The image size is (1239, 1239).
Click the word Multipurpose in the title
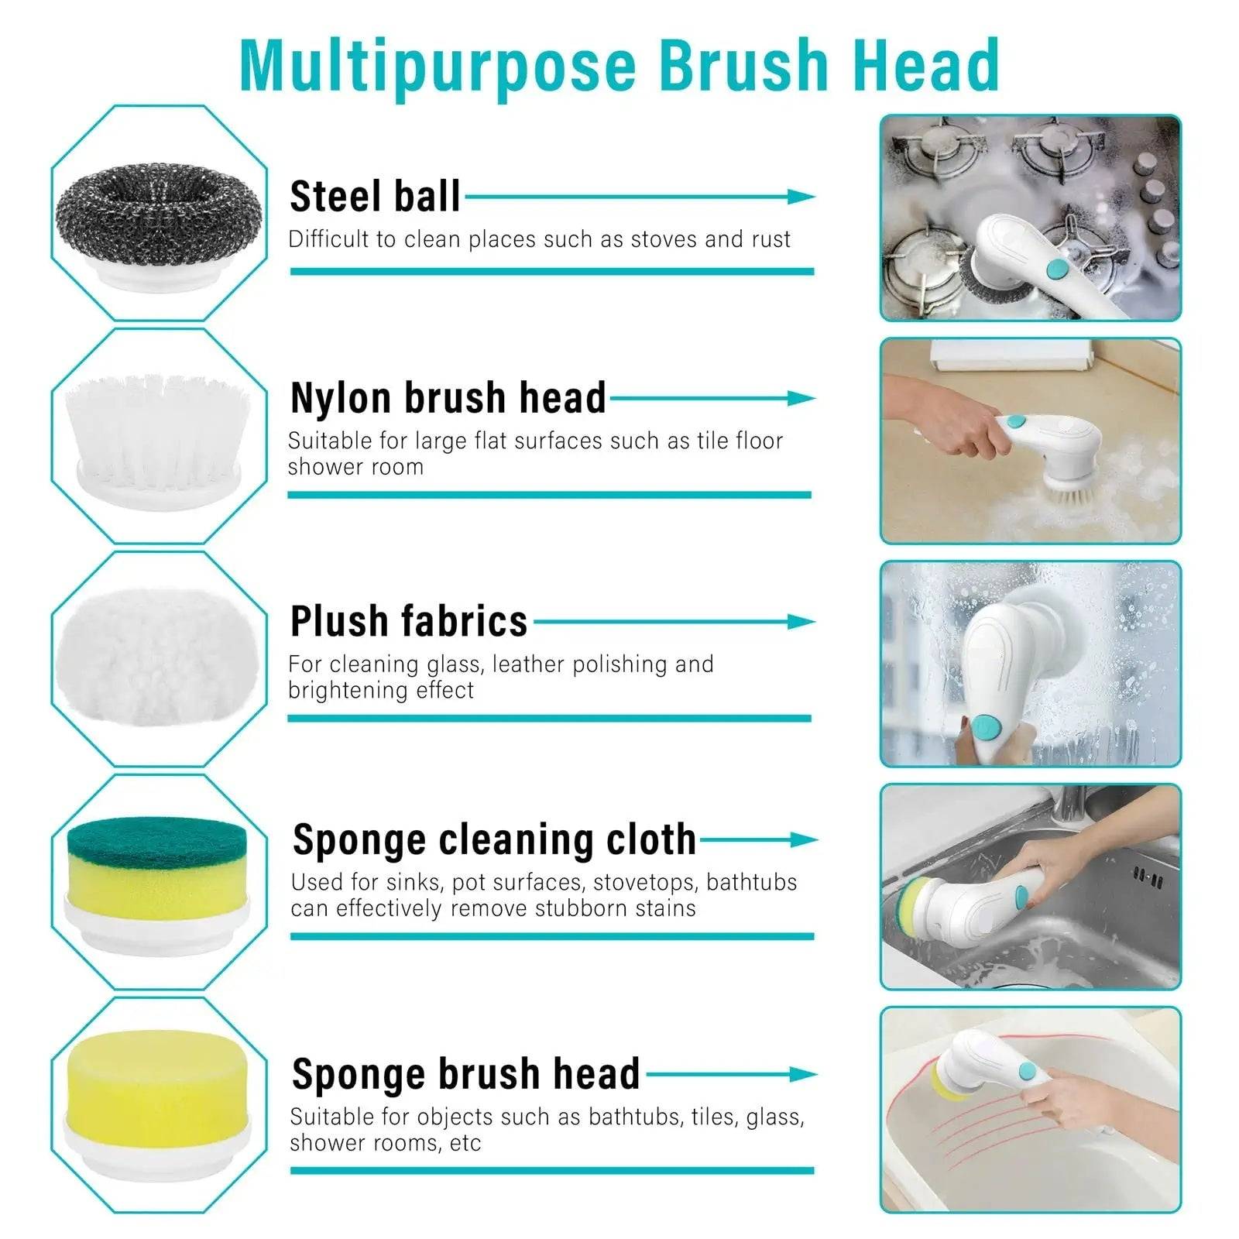click(x=438, y=65)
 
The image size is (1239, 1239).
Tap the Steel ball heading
click(x=375, y=197)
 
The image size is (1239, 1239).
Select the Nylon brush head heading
click(x=448, y=398)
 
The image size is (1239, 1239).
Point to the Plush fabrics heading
click(x=408, y=621)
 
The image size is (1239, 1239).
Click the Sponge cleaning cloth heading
click(x=494, y=839)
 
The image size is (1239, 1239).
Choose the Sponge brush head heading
click(x=465, y=1074)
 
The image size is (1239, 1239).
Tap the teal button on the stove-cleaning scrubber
click(x=1056, y=269)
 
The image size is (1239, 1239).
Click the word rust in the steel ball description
click(x=771, y=239)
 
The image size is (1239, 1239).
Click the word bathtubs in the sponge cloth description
click(x=751, y=882)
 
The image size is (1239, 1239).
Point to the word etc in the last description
click(x=465, y=1143)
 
